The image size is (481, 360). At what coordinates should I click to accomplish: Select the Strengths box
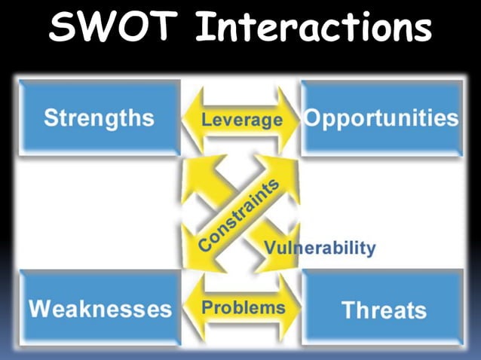99,118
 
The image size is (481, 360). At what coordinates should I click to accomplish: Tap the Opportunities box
381,118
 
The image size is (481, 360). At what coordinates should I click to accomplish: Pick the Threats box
383,310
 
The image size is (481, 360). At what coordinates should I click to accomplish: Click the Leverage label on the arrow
241,120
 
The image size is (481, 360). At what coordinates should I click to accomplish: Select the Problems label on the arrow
243,307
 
